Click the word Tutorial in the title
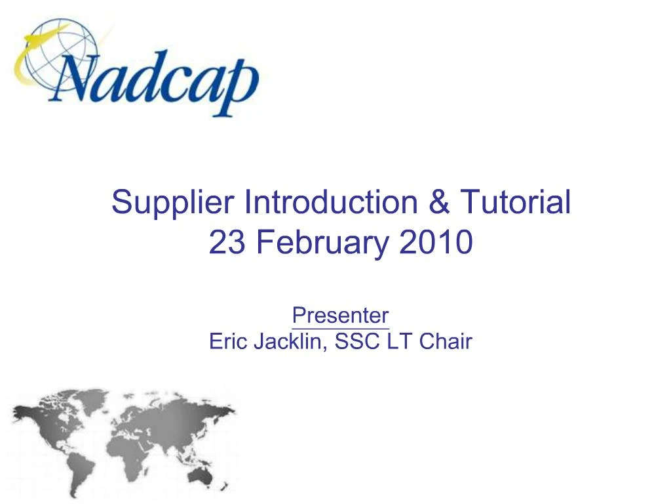(x=516, y=201)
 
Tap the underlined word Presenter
(x=340, y=316)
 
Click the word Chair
(x=446, y=342)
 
